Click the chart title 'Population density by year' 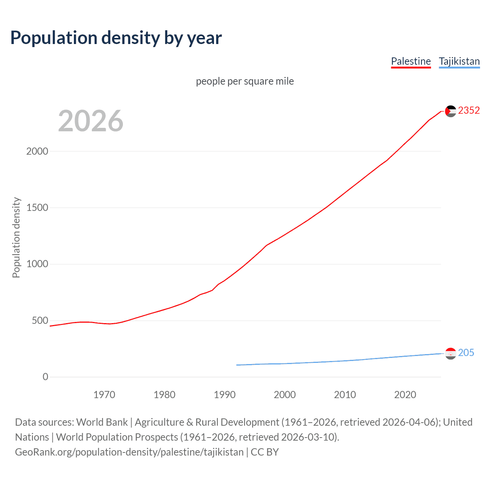coord(116,38)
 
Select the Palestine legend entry coord(411,61)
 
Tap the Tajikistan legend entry coord(459,61)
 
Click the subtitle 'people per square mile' coord(245,81)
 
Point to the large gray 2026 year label coord(91,121)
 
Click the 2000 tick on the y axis coord(37,151)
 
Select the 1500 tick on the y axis coord(37,207)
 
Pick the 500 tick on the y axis coord(40,320)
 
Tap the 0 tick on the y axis coord(46,377)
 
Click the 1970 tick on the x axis coord(104,395)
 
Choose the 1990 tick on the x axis coord(225,395)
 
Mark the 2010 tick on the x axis coord(345,395)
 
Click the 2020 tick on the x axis coord(405,395)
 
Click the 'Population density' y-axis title coord(16,237)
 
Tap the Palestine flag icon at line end coord(451,111)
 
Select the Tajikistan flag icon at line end coord(451,353)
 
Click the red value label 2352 coord(469,111)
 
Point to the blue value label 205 coord(466,353)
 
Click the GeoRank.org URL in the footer coord(129,452)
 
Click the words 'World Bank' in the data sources coord(102,422)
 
